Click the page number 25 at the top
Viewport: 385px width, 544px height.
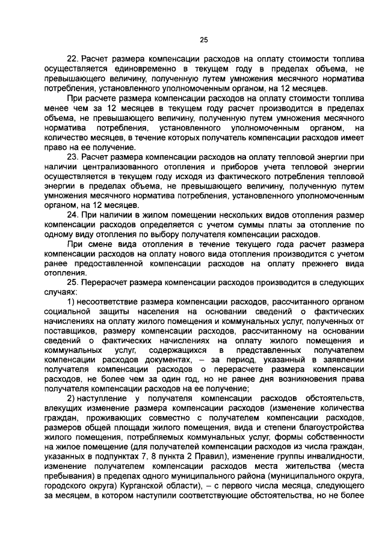[x=203, y=40]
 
